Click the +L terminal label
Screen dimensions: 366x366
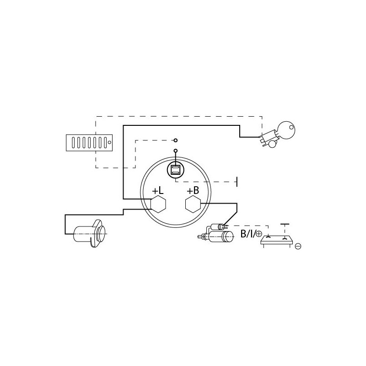click(158, 191)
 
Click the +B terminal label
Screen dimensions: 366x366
click(193, 191)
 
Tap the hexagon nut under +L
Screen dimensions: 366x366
click(158, 204)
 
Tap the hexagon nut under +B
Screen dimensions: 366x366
click(193, 204)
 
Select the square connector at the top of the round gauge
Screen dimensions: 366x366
click(175, 170)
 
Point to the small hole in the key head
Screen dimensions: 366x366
click(291, 127)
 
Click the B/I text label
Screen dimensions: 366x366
click(248, 234)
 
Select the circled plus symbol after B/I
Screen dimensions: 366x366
click(259, 234)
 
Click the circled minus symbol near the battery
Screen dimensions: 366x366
click(298, 246)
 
